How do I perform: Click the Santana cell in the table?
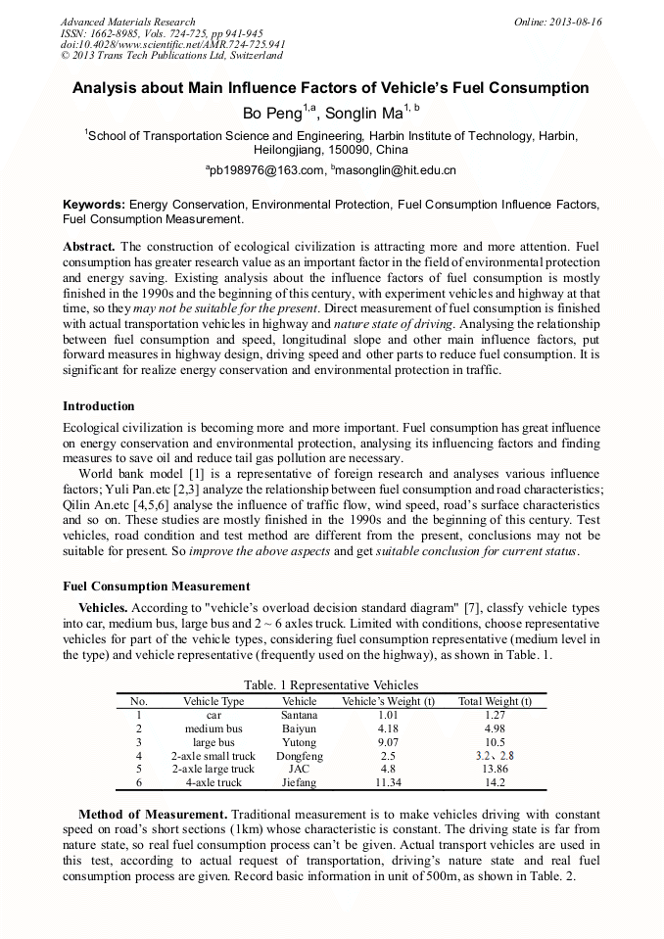point(299,716)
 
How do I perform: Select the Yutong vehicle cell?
point(299,743)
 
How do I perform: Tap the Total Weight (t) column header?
point(495,701)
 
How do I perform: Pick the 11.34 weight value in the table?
point(388,783)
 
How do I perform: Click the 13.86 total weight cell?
point(495,770)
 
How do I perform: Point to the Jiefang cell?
point(299,783)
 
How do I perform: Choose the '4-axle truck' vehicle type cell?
point(213,783)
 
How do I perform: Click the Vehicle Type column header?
point(213,701)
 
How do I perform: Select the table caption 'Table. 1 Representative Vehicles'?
point(332,685)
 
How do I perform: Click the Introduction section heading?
point(99,406)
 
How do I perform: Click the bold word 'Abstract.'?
point(89,247)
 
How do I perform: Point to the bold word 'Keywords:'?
point(94,205)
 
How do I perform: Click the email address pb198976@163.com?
point(265,171)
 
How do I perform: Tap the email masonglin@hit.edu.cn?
point(395,171)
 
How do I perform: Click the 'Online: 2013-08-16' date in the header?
point(557,22)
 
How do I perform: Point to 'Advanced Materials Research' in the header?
point(127,22)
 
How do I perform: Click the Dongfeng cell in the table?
point(299,756)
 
